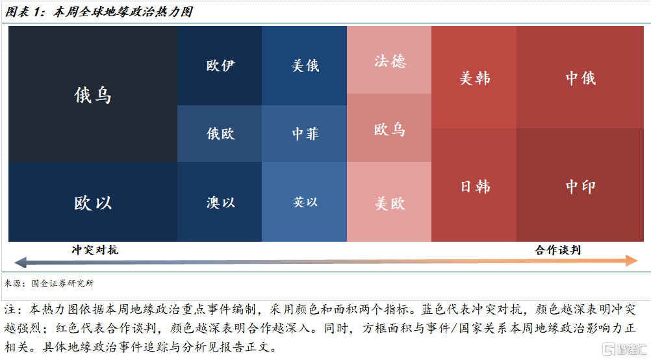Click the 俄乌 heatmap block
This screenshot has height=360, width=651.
click(93, 94)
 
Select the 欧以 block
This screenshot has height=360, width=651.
click(93, 202)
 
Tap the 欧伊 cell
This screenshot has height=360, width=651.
click(220, 66)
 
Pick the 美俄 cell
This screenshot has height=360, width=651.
click(304, 66)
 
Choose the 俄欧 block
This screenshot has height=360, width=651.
click(220, 134)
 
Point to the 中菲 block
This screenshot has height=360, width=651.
click(304, 134)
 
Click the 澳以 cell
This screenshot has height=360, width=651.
click(220, 202)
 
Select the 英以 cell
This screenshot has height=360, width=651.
click(304, 202)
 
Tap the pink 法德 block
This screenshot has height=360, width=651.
click(389, 60)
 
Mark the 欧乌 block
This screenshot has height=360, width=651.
click(389, 128)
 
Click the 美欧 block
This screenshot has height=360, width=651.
click(389, 202)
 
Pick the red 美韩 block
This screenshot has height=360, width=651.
click(474, 77)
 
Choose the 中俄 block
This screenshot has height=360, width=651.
click(580, 77)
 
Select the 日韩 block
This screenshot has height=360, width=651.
click(474, 185)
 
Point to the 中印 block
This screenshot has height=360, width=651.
click(580, 185)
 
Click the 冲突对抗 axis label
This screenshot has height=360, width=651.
click(95, 250)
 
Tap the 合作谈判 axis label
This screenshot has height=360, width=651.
click(558, 250)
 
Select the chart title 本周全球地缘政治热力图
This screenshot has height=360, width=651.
click(123, 12)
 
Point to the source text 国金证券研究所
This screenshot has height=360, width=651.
click(62, 283)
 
